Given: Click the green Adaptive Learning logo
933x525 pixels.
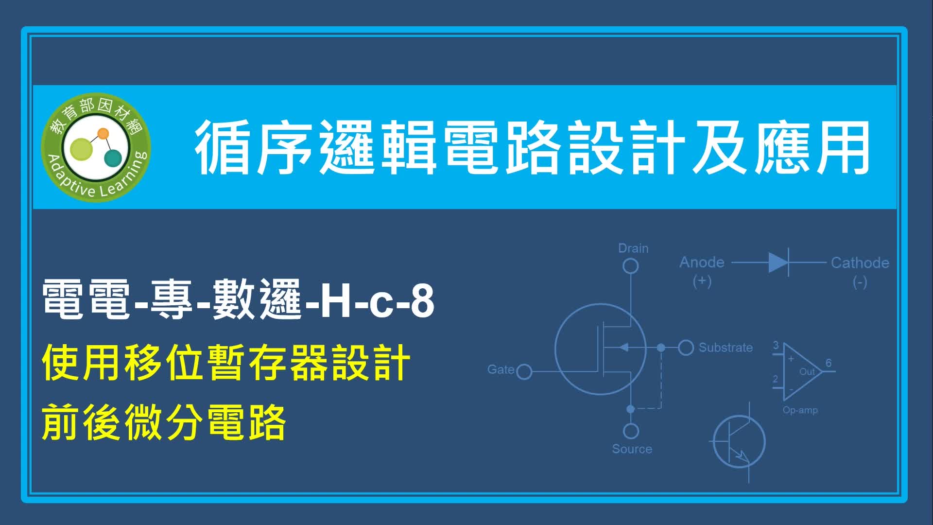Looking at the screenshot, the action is tap(96, 147).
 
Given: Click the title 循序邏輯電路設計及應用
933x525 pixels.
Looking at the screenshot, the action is tap(533, 147).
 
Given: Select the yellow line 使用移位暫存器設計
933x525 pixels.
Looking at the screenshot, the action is tap(226, 363).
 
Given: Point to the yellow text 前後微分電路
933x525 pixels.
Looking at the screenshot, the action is tap(164, 422).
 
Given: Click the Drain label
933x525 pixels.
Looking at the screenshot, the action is tap(633, 248).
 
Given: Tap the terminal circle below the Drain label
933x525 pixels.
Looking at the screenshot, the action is tap(631, 266).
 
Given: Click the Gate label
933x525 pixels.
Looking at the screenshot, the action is tap(501, 369).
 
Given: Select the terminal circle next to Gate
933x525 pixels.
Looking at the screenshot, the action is tap(524, 372).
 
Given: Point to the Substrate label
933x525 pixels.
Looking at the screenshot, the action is tap(726, 348).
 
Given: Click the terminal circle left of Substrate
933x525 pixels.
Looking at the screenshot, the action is tap(686, 348).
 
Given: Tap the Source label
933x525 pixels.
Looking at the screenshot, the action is tap(632, 449).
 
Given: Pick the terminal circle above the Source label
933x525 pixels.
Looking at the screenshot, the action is tap(631, 431).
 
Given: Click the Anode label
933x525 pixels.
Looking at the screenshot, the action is tap(702, 262).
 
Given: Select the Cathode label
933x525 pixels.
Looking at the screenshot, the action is tap(860, 263).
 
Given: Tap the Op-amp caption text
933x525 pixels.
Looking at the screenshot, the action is tap(800, 410).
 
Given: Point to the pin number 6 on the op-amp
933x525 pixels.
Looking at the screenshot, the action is tap(829, 363).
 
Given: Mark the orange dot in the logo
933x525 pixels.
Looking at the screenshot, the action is tap(103, 133).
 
